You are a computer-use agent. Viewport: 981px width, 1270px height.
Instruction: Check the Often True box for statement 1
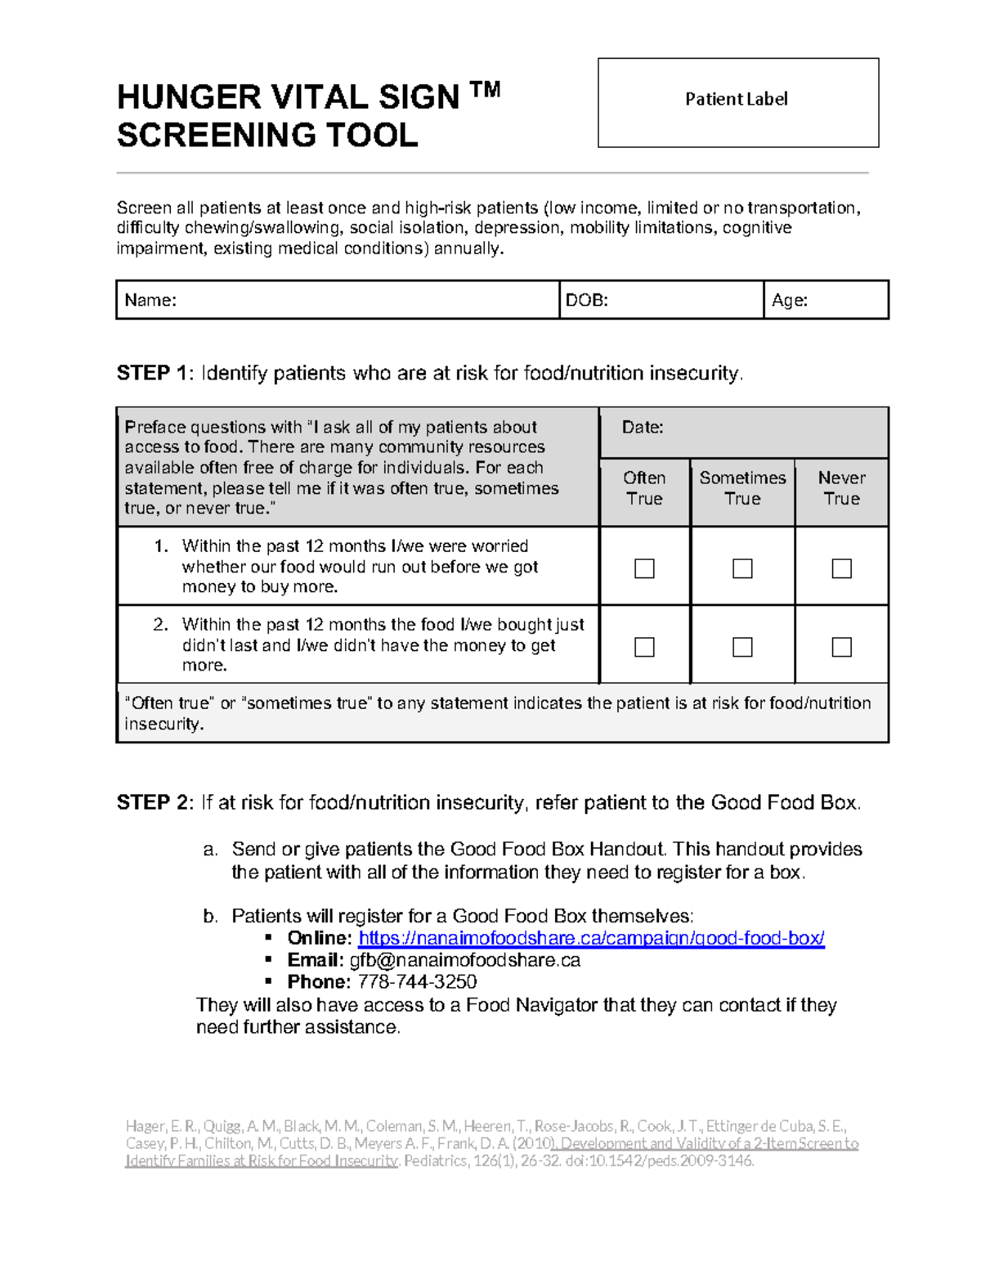(x=644, y=568)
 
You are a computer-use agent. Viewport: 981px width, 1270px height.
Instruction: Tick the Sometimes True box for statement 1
(x=742, y=568)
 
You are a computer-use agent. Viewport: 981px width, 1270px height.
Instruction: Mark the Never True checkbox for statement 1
(x=841, y=568)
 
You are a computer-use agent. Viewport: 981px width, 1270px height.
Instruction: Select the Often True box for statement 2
(x=644, y=647)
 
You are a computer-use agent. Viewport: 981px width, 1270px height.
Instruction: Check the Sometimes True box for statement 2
(x=742, y=647)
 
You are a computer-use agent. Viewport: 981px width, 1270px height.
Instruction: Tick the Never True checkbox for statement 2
(x=841, y=647)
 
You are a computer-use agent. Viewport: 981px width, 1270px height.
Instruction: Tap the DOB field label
(x=586, y=300)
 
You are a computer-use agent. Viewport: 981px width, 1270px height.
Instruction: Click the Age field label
(x=789, y=300)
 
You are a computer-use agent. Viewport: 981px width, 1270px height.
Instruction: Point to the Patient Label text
(x=736, y=99)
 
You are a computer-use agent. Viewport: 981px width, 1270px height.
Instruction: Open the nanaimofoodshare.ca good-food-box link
(x=591, y=938)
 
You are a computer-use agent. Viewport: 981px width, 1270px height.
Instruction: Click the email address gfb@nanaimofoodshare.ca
(x=464, y=960)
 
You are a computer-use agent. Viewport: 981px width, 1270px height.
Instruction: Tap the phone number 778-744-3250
(x=417, y=981)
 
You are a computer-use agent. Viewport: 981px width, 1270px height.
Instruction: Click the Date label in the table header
(x=643, y=428)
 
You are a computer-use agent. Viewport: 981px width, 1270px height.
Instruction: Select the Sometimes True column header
(x=742, y=488)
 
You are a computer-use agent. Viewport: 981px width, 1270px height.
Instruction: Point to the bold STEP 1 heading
(x=154, y=374)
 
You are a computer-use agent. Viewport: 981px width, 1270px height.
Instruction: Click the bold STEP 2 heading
(x=154, y=803)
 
